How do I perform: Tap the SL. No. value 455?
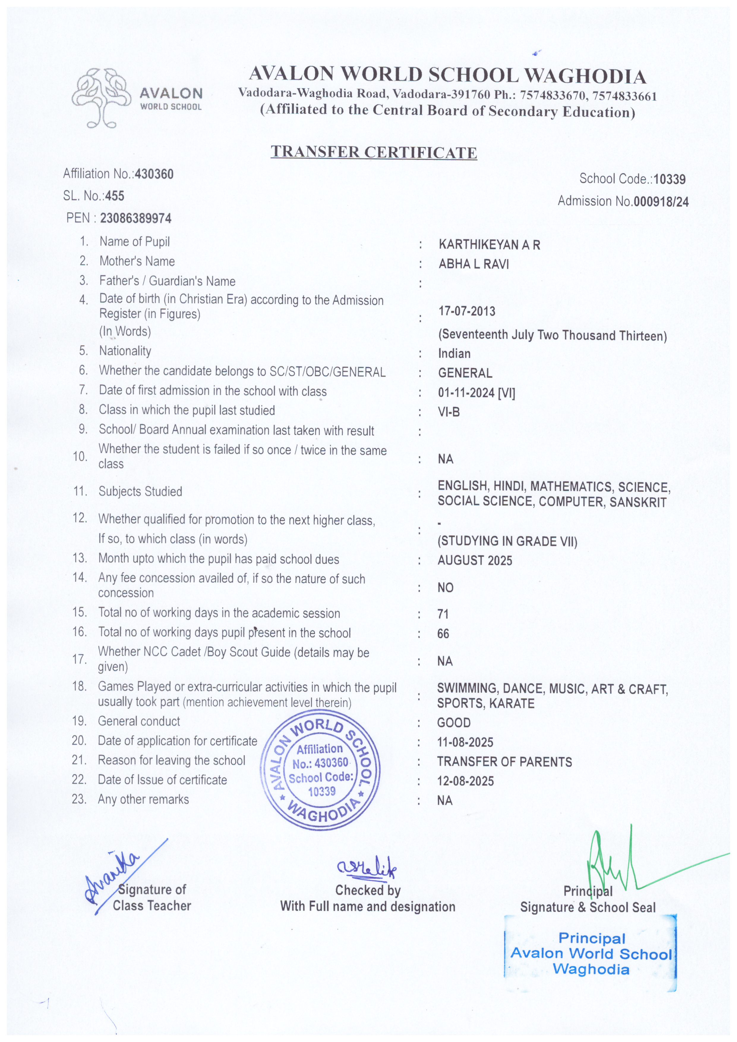[115, 196]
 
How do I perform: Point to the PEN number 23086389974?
[136, 218]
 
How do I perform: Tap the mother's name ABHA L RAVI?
[473, 264]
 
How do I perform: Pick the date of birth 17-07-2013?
[466, 311]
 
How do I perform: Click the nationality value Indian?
[454, 354]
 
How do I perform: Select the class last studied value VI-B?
[449, 412]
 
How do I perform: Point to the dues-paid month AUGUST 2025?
[475, 560]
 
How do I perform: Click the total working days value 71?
[443, 614]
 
